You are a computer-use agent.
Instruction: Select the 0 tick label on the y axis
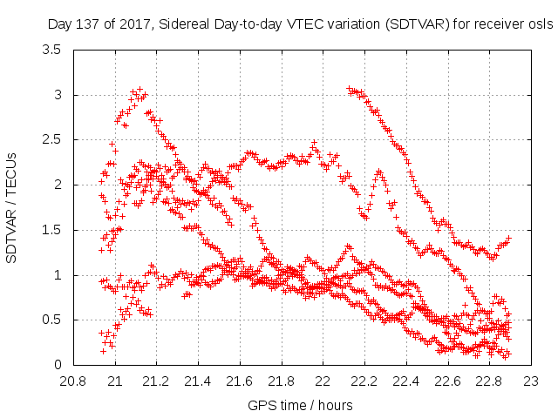[x=58, y=365]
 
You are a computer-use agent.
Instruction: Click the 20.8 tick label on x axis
[x=73, y=381]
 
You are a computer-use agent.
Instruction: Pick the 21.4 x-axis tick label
[x=198, y=381]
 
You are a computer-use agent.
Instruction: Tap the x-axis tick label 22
[x=323, y=381]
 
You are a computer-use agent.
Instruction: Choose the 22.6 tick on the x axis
[x=447, y=381]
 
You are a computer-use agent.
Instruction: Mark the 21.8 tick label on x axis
[x=281, y=381]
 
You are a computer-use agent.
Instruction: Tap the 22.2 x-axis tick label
[x=364, y=381]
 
